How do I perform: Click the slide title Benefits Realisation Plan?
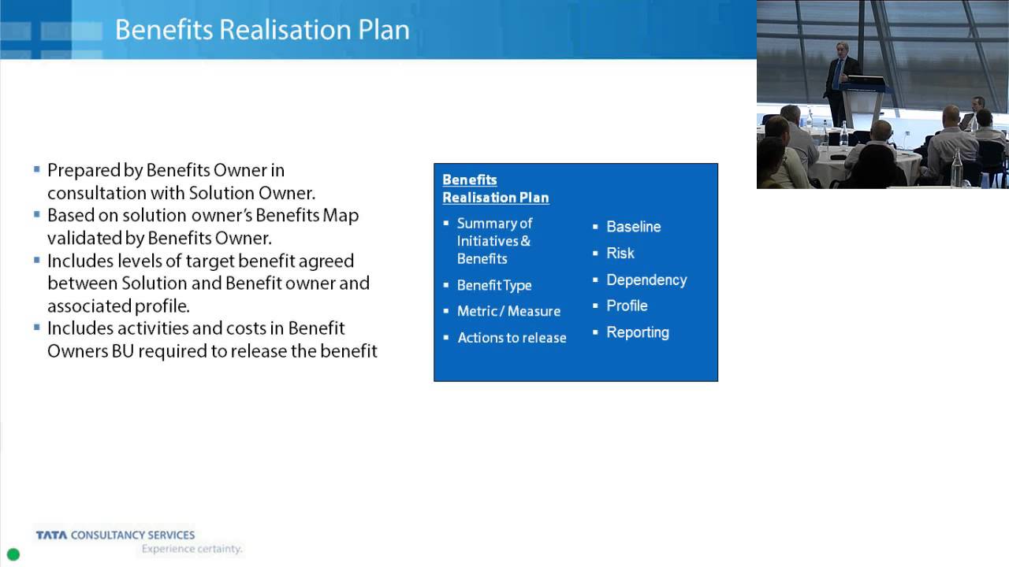[262, 30]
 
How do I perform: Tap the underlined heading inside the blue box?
[495, 189]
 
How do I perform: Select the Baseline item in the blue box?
[633, 227]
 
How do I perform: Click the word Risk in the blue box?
[620, 254]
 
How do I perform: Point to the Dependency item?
[646, 280]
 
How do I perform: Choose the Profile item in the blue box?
[627, 306]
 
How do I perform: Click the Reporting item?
[637, 332]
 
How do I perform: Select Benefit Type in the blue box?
[494, 285]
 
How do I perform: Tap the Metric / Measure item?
[508, 311]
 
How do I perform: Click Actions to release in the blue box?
[512, 338]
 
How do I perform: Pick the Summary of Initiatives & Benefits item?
[493, 241]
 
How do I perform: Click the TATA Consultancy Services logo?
[115, 535]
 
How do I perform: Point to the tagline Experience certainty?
[192, 549]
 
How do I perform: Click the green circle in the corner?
[13, 554]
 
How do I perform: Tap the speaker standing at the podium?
[840, 79]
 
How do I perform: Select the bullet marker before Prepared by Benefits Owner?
[37, 169]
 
